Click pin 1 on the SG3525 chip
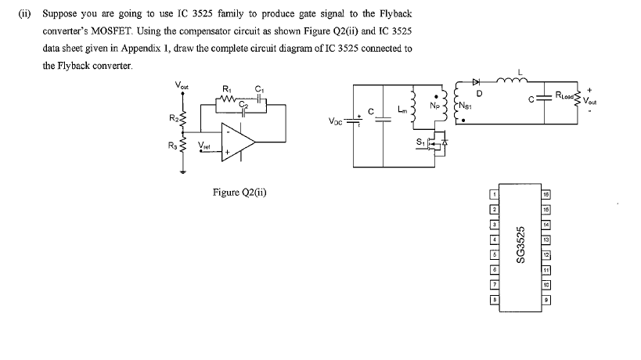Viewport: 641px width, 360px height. click(x=494, y=193)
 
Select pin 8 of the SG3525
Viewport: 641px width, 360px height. click(x=494, y=298)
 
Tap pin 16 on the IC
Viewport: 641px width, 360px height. click(x=546, y=193)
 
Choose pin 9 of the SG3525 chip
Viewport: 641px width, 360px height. click(x=546, y=298)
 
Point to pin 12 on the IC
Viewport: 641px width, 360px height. click(x=546, y=254)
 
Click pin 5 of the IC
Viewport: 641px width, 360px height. click(x=494, y=254)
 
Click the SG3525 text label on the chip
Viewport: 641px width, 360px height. click(x=519, y=245)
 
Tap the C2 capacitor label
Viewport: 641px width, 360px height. click(x=243, y=103)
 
